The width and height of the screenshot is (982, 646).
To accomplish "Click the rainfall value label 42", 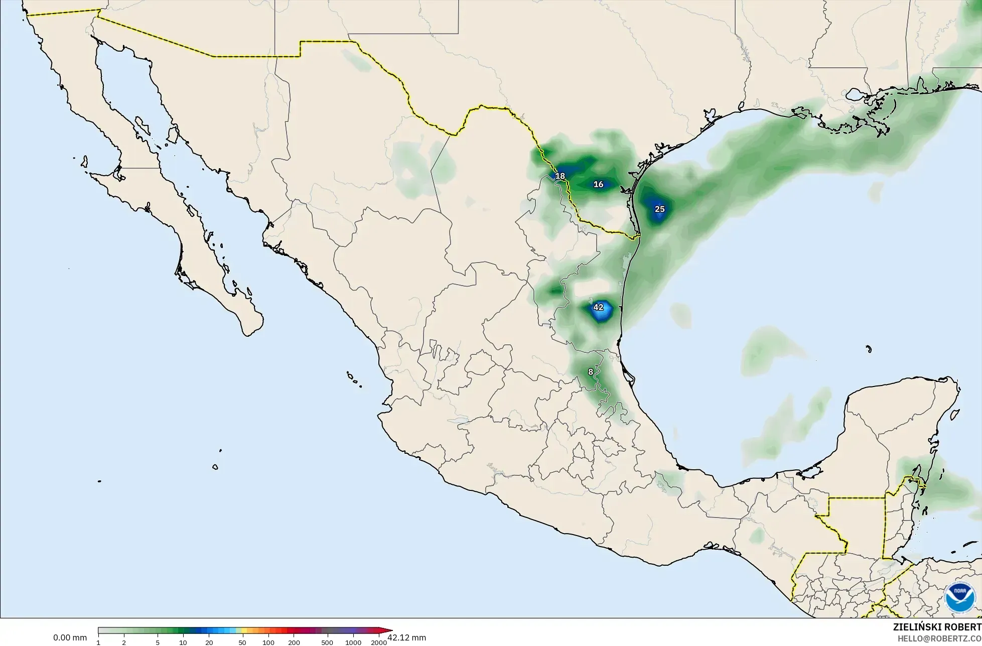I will coord(598,307).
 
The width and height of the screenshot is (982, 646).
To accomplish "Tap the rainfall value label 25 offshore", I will coord(659,209).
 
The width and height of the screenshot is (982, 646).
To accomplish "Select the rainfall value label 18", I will coord(560,176).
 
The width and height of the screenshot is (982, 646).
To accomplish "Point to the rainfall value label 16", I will coord(598,184).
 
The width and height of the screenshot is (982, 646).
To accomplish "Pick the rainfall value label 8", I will coord(591,372).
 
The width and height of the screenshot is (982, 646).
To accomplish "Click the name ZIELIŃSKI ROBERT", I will coord(937,627).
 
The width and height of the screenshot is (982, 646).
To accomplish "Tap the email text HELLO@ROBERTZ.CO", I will coord(939,638).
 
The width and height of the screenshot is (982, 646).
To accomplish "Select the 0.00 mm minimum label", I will coord(70,638).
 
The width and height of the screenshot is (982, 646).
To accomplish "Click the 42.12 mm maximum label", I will coord(406,638).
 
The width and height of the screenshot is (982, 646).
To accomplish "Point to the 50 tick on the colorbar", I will coord(242,642).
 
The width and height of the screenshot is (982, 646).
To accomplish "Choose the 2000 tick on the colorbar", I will coord(379,642).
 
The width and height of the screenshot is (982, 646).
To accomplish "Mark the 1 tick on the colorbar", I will coord(98,642).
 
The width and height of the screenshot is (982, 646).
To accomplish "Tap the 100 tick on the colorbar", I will coord(268,642).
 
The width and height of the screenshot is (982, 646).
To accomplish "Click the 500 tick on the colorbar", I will coord(327,642).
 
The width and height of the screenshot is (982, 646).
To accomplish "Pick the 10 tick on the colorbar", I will coord(183,642).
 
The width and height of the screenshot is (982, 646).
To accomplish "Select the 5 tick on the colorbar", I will coord(158,642).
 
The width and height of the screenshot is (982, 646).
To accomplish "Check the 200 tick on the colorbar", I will coord(294,642).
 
